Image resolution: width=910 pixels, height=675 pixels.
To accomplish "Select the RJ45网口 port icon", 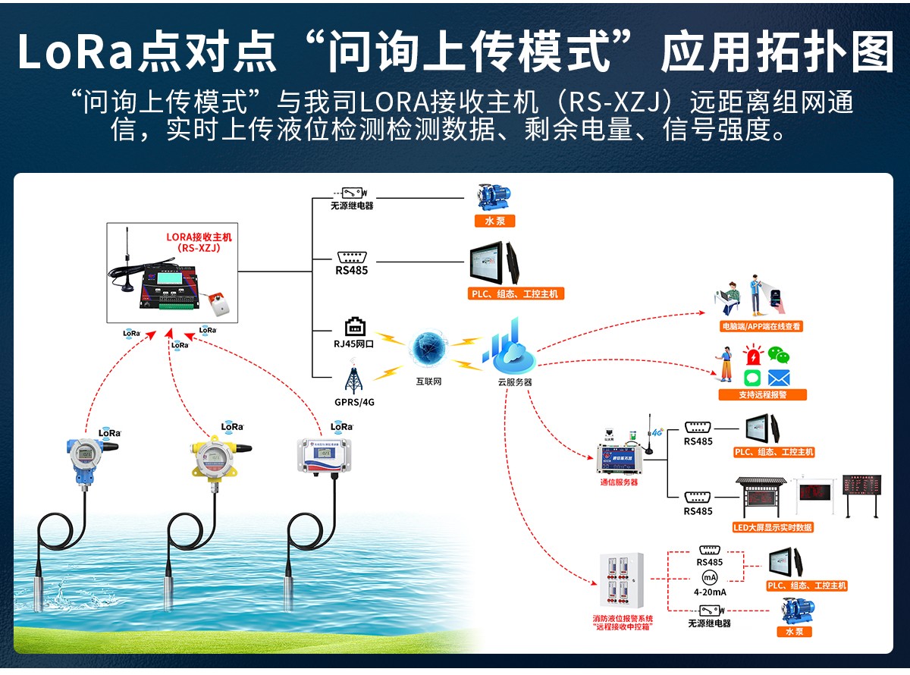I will pyautogui.click(x=355, y=327).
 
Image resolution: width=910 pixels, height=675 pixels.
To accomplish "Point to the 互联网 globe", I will pyautogui.click(x=429, y=348).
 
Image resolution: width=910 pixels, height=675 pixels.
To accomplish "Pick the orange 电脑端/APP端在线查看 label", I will pyautogui.click(x=761, y=326).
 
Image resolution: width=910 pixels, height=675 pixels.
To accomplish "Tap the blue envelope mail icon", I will pyautogui.click(x=779, y=378).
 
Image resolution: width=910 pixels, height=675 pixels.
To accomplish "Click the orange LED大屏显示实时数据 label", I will pyautogui.click(x=773, y=527).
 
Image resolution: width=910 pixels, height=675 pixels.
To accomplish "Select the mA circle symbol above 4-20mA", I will pyautogui.click(x=710, y=578).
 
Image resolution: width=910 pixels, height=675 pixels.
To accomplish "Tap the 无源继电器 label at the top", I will pyautogui.click(x=352, y=206).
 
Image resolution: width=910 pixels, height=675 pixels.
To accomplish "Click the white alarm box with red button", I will pyautogui.click(x=219, y=303).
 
